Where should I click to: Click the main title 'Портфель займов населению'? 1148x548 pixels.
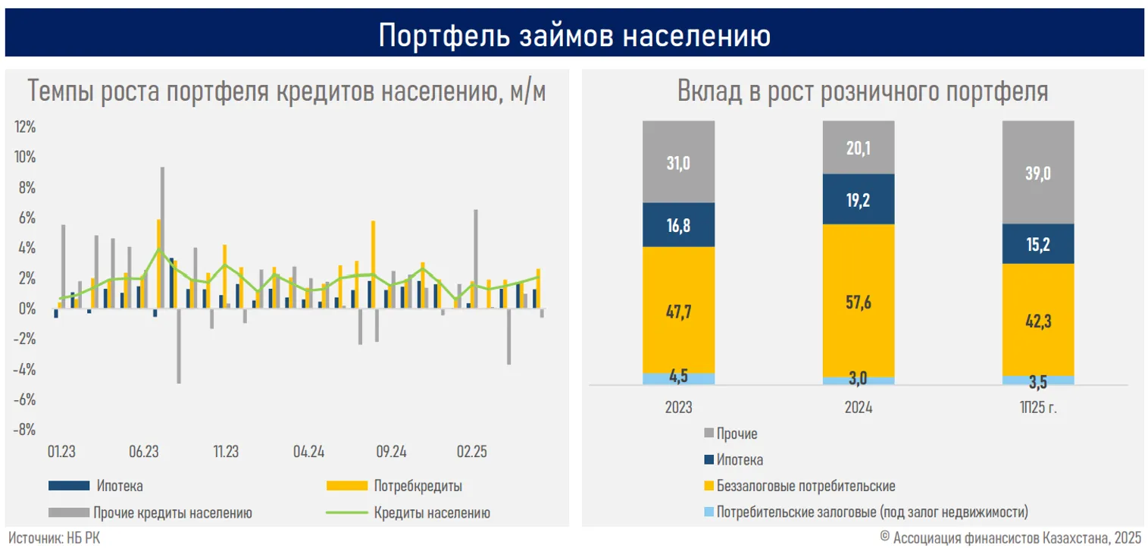574,35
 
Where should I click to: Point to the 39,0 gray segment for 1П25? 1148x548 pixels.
1038,174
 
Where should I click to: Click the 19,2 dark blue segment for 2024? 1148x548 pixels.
859,200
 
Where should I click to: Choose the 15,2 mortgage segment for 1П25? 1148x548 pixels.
1038,244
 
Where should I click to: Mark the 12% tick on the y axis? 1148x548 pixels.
25,127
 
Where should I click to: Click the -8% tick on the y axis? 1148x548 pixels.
25,430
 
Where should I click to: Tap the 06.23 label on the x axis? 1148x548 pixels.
143,452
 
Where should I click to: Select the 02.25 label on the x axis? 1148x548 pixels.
471,452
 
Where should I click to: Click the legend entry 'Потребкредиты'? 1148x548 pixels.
418,486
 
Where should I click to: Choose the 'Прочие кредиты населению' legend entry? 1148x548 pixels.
172,512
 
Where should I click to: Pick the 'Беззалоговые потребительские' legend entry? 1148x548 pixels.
805,486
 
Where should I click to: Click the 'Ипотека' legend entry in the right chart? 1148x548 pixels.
740,460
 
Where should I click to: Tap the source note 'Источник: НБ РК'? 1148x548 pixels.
53,537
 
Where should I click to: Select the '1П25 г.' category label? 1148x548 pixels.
1038,408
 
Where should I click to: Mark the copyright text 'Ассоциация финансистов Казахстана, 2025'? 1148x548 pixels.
1016,537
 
